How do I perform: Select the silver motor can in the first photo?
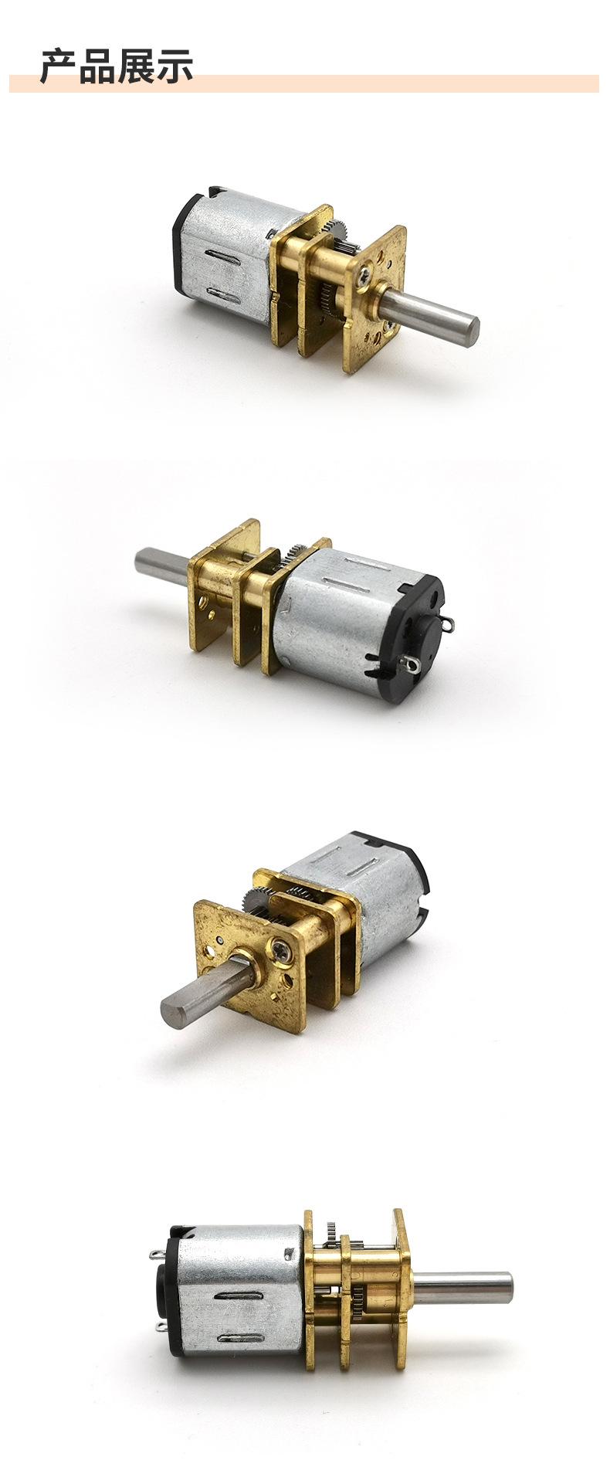tap(228, 256)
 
